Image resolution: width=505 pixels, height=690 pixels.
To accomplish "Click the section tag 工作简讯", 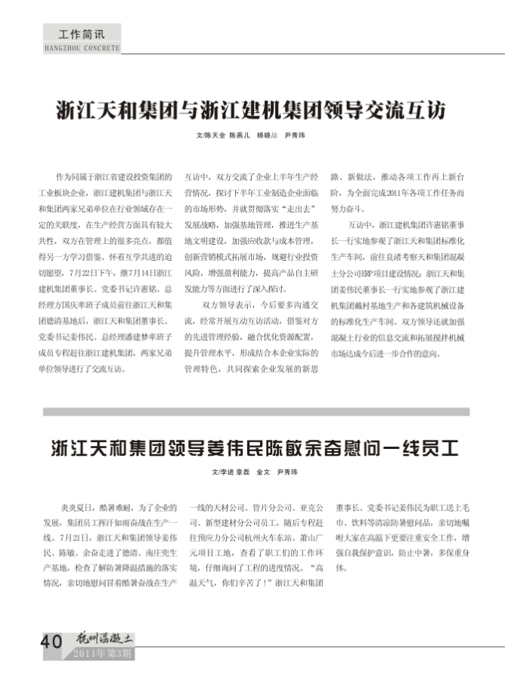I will click(x=79, y=35).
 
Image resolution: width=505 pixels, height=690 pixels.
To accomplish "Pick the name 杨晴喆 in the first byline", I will click(x=265, y=136).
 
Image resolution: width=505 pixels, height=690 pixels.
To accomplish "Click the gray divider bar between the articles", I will click(x=256, y=412).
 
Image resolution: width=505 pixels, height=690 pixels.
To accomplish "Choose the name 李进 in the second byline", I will click(x=225, y=473).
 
